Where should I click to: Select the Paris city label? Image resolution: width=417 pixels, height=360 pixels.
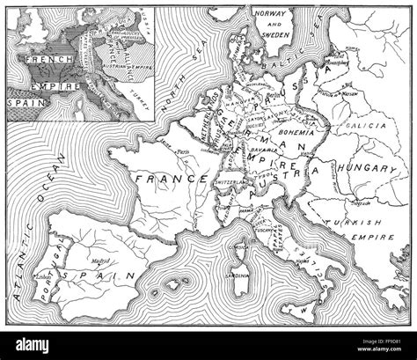[183, 151]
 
